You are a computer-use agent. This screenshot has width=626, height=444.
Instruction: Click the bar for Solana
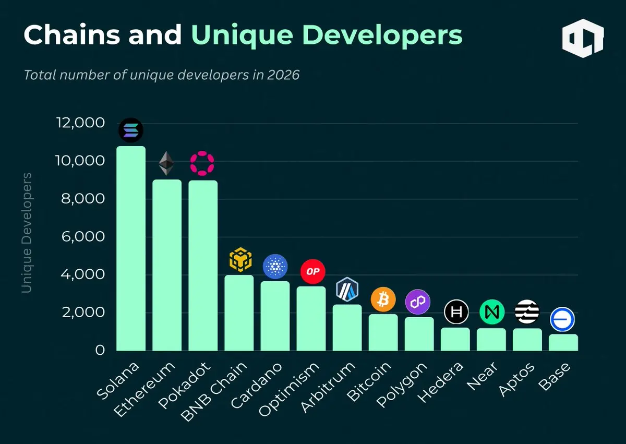point(130,248)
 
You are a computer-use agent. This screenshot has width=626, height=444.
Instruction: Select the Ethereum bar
point(167,265)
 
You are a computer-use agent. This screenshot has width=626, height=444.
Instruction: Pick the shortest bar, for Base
point(563,342)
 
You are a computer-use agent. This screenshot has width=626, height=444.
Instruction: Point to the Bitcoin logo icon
point(383,299)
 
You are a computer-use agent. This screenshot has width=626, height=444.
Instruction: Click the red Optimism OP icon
point(313,271)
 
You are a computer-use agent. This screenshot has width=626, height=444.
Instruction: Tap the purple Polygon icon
point(418,302)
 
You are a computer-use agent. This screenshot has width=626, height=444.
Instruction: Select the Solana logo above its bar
point(130,130)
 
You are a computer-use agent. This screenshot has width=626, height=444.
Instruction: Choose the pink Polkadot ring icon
point(202,164)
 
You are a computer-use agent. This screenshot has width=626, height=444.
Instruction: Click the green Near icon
point(492,312)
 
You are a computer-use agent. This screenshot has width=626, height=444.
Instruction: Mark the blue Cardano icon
point(275,267)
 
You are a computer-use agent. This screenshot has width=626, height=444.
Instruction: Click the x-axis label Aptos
point(516,379)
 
